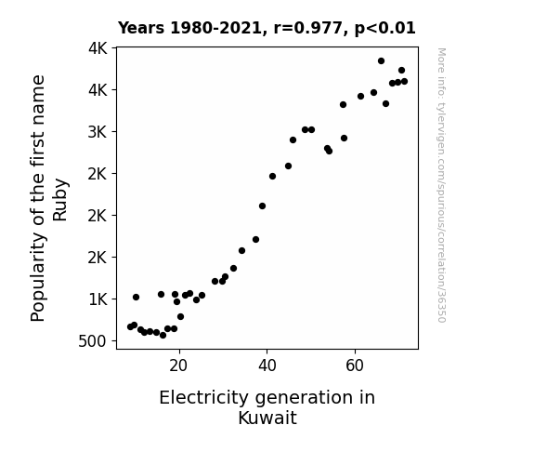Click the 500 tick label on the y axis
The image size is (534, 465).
point(92,341)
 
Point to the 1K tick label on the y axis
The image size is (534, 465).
point(98,299)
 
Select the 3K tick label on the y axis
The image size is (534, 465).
point(98,132)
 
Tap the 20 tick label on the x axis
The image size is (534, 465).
point(178,365)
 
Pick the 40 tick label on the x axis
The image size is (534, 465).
point(267,365)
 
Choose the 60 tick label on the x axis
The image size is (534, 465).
point(355,365)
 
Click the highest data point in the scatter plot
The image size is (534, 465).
point(381,61)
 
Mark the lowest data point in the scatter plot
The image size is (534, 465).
point(163,336)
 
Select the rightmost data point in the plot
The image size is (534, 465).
point(404,82)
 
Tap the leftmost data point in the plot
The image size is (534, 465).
point(130,326)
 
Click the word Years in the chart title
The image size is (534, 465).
point(141,28)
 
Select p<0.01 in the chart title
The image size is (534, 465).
point(385,28)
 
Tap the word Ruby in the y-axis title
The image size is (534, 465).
point(60,200)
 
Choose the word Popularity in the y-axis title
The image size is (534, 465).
point(38,277)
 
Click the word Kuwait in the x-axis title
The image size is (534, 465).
point(267,418)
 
